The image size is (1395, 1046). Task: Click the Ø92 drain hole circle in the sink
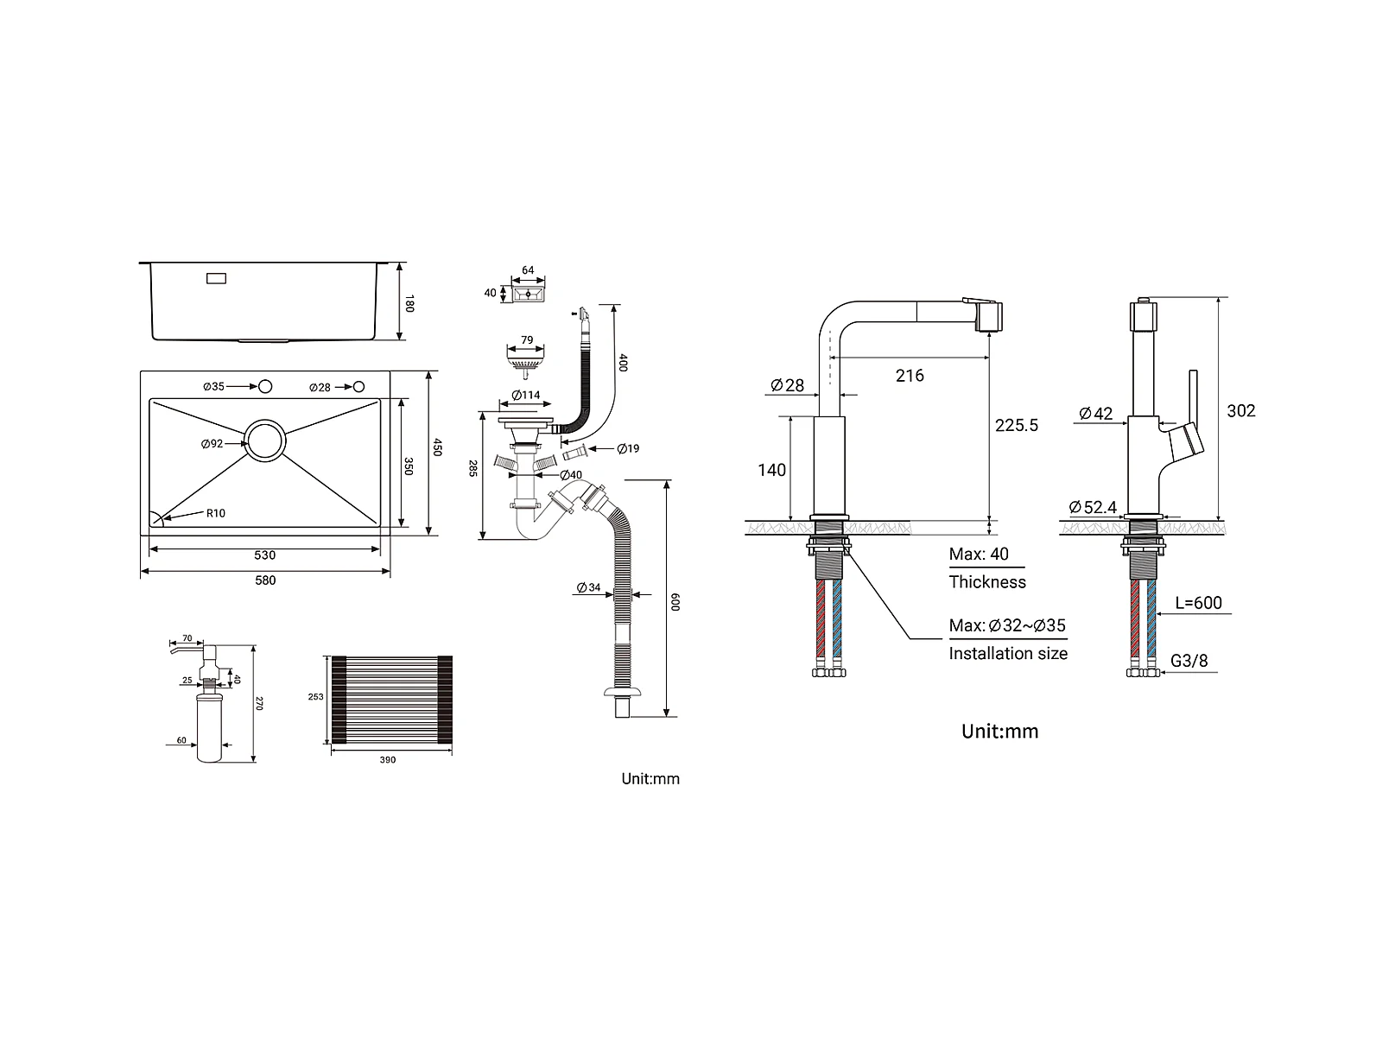point(265,420)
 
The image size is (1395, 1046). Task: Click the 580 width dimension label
point(265,580)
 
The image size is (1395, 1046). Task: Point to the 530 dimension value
point(265,555)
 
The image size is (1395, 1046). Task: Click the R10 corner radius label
point(215,513)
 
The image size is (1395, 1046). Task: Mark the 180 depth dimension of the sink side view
point(409,303)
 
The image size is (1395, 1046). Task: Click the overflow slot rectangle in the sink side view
point(216,278)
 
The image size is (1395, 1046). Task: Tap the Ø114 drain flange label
point(526,396)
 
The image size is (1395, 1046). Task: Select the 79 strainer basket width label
point(527,340)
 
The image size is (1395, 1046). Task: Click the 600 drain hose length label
point(675,602)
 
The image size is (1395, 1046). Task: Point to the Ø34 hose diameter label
point(588,587)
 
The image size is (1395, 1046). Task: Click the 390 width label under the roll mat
point(388,759)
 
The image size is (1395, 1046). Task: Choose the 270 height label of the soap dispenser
point(258,703)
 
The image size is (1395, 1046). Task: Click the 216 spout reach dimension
point(910,376)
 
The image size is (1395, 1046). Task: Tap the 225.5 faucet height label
point(1016,425)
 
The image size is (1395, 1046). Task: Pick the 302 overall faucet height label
point(1240,410)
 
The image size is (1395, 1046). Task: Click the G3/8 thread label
point(1189,661)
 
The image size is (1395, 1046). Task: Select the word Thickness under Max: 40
point(987,582)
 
